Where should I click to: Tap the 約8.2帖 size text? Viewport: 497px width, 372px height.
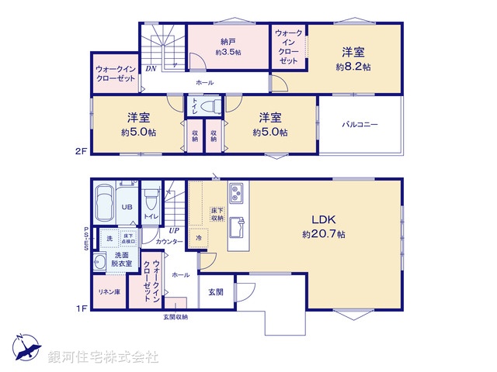coord(353,67)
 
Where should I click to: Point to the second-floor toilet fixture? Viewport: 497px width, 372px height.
coord(207,105)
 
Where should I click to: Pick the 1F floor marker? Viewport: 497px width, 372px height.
coord(81,309)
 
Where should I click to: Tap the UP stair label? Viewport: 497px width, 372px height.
coord(175,230)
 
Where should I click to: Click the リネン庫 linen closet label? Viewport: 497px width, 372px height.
coord(106,291)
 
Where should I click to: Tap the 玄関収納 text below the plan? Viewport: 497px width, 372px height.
coord(176,316)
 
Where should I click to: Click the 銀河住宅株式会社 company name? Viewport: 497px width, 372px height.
coord(103,357)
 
